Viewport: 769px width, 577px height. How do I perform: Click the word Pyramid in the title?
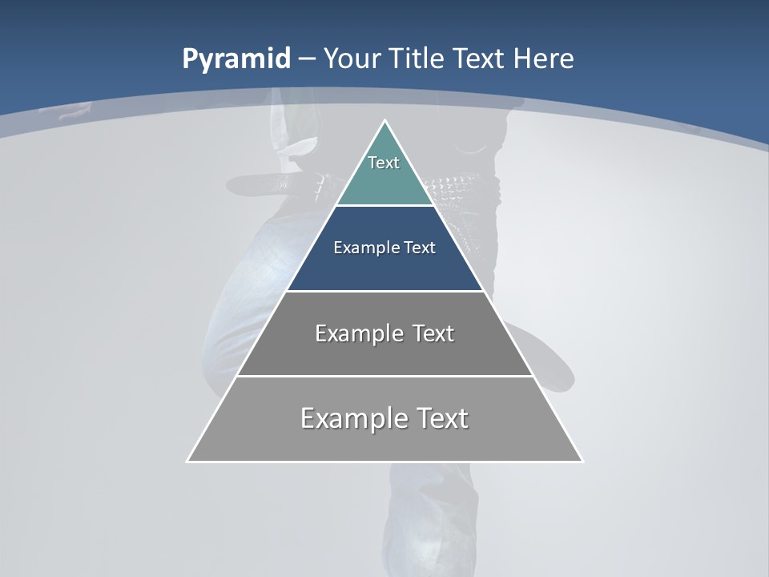tap(236, 59)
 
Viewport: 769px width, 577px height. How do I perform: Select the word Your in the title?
tap(352, 59)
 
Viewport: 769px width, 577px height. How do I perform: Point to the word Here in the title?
tap(544, 59)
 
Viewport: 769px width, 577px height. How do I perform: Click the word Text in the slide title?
tap(481, 59)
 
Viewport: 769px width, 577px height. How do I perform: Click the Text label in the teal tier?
tap(384, 163)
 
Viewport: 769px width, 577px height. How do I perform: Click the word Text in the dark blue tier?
tap(420, 248)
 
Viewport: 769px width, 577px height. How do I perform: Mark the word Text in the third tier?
tap(433, 333)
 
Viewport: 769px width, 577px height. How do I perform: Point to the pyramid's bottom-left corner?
tap(188, 461)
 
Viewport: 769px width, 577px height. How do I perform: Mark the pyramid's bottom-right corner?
tap(582, 461)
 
